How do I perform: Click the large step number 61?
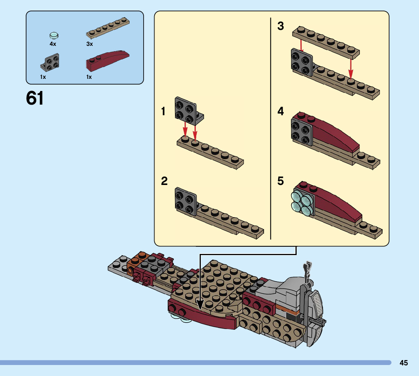(x=35, y=98)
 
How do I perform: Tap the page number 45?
(x=403, y=363)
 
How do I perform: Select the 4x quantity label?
(x=53, y=44)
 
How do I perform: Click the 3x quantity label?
(x=89, y=44)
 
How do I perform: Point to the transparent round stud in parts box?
(x=54, y=35)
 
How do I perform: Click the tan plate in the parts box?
(x=108, y=28)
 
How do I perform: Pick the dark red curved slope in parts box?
(x=108, y=61)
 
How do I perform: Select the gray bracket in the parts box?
(x=50, y=63)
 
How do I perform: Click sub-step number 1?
(x=163, y=111)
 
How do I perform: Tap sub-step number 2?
(x=164, y=181)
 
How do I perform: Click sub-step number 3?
(x=280, y=26)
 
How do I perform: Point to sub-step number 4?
(x=280, y=111)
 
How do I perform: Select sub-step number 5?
(x=280, y=181)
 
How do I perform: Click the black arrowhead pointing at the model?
(x=200, y=304)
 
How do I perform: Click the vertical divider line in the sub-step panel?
(x=271, y=128)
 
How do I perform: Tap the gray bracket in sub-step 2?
(x=186, y=201)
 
